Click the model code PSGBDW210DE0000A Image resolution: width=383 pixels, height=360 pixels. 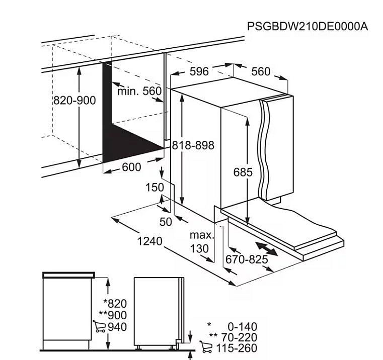coord(308,26)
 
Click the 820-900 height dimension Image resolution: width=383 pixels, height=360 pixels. coord(74,101)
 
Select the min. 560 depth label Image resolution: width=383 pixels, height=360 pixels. coord(139,92)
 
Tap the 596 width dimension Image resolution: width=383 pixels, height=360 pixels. coord(199,71)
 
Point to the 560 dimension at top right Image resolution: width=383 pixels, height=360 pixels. coord(261,71)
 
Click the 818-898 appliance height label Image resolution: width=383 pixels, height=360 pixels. coord(193,145)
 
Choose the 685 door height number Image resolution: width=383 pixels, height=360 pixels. coord(243,172)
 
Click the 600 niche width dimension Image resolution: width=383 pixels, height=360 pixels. coord(131,167)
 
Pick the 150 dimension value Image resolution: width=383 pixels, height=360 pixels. coord(155,188)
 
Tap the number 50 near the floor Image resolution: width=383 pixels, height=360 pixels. coord(166,222)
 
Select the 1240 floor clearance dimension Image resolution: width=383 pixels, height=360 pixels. coord(149,241)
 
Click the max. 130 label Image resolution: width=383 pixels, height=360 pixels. coord(202,242)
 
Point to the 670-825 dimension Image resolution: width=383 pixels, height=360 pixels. coord(247,259)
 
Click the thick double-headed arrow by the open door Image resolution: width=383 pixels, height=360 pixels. coord(266,248)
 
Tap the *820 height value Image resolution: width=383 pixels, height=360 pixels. coord(115,304)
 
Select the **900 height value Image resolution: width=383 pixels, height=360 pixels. coord(113,315)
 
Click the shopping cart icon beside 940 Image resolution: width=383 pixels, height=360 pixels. coord(99,326)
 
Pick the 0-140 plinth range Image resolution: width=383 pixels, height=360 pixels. coord(242,326)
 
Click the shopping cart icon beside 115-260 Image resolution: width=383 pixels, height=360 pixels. coord(206,346)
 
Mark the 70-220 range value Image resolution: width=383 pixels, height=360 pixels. coord(239,337)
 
